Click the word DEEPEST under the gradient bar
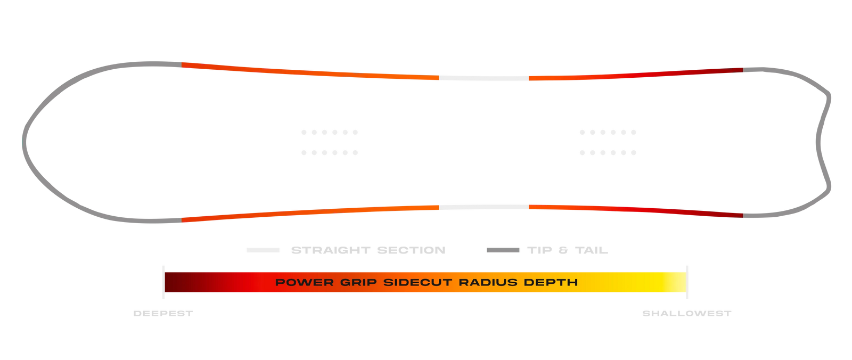click(x=163, y=314)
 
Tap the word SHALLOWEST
click(x=687, y=314)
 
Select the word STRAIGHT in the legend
click(x=331, y=250)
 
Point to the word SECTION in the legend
click(x=411, y=250)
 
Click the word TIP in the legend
click(x=540, y=250)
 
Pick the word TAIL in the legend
click(x=592, y=250)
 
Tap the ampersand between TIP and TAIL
click(x=563, y=250)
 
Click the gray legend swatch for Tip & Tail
click(x=503, y=250)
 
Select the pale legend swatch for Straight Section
click(x=263, y=250)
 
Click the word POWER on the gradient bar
click(x=304, y=282)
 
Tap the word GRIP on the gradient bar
click(x=358, y=282)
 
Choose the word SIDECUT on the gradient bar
click(x=417, y=282)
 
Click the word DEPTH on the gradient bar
click(x=551, y=282)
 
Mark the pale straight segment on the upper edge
click(x=484, y=78)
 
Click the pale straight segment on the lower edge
click(x=484, y=207)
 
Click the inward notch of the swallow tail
click(x=818, y=143)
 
